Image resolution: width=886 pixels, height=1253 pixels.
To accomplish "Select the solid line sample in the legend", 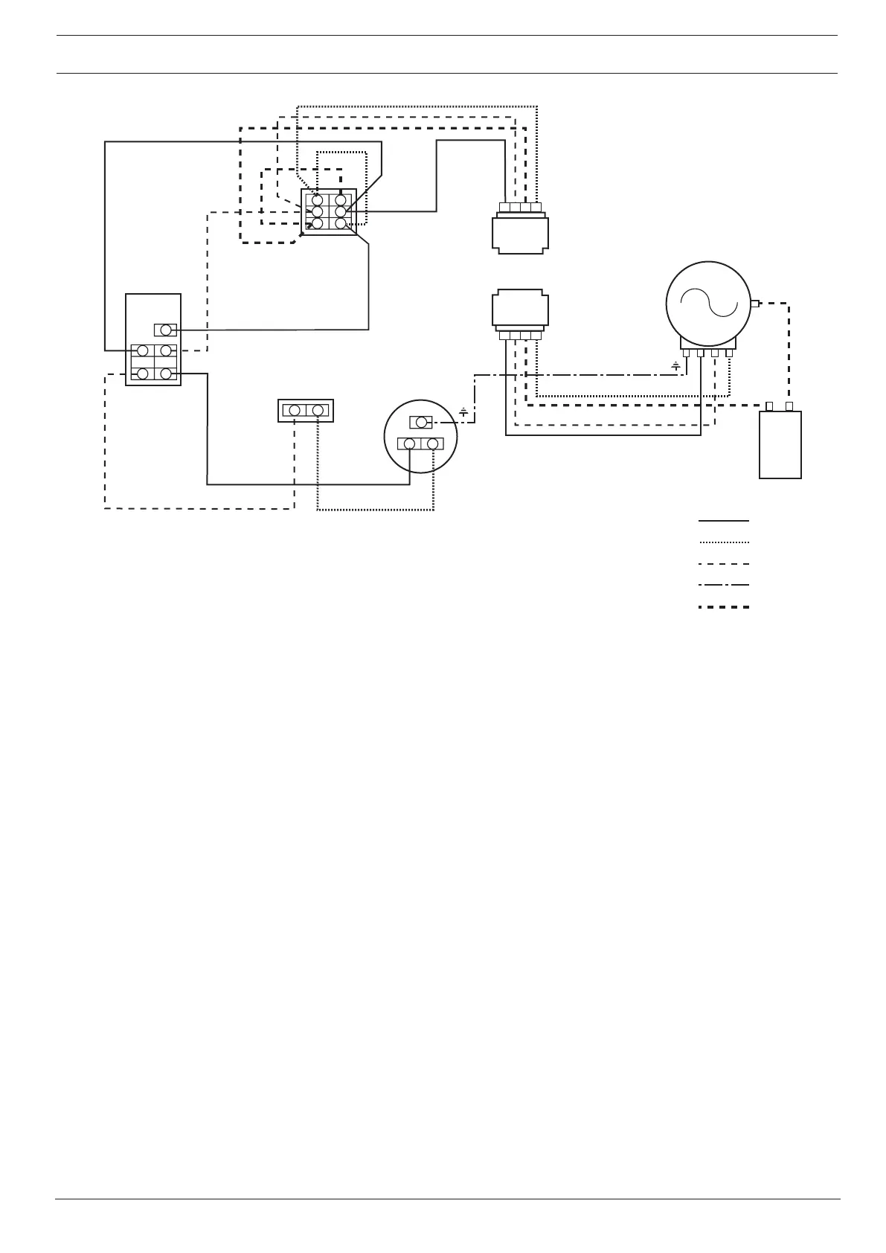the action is [x=723, y=521].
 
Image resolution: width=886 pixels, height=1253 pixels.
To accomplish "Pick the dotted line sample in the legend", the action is [x=723, y=542].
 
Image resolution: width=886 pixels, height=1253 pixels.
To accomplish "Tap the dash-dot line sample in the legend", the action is [x=723, y=586].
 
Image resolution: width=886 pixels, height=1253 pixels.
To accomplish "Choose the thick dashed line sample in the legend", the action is [x=723, y=607].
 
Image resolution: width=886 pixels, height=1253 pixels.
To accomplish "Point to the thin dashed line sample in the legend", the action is [x=723, y=564].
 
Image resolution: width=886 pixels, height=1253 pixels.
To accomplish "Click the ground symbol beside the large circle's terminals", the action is [x=675, y=365].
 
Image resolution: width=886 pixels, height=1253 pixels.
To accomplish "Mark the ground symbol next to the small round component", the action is [x=463, y=411].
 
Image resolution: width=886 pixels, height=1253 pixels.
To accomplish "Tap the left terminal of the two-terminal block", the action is [x=295, y=410].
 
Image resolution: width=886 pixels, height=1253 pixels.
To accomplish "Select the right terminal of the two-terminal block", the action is [x=318, y=410].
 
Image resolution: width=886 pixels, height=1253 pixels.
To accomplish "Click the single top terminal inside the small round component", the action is [x=421, y=423].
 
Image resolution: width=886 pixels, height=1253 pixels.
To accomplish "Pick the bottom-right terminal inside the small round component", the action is [x=432, y=444].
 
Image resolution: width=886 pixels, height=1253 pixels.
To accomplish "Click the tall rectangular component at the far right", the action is [x=780, y=444].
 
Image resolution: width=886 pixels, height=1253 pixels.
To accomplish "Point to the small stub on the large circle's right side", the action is [x=755, y=303].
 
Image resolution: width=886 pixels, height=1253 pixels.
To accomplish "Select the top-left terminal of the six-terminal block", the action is [x=318, y=200].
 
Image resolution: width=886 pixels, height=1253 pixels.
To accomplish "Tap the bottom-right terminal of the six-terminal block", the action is [x=341, y=223].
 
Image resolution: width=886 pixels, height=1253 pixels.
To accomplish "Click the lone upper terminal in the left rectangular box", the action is [x=165, y=330].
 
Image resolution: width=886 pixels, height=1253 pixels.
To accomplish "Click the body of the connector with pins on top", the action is [x=521, y=235].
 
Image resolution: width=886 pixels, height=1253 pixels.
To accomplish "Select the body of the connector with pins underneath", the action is [x=521, y=308].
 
